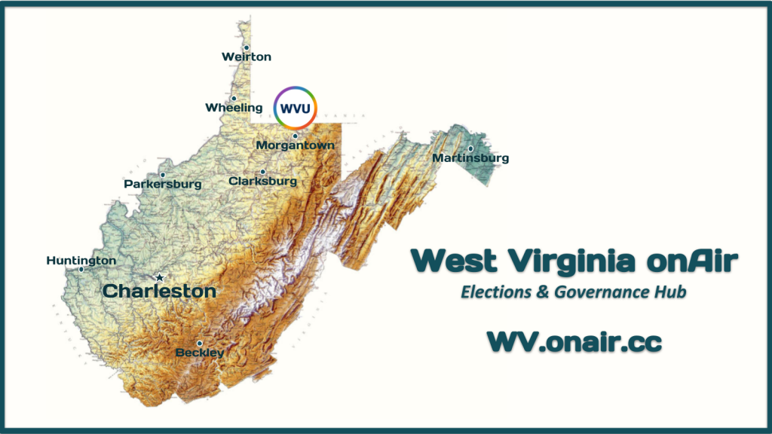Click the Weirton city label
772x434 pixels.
246,57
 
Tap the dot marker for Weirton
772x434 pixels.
246,47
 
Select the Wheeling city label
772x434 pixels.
234,108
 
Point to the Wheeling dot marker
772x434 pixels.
234,98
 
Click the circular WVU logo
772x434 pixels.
295,108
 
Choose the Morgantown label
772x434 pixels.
295,145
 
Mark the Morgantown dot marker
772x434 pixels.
295,136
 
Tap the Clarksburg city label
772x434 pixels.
262,182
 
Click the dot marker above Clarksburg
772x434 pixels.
262,172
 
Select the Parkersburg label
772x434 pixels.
163,184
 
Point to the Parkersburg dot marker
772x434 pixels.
162,175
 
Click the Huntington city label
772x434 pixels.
81,261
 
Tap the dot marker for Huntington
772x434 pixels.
81,269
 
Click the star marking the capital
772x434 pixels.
159,277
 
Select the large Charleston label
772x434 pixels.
159,291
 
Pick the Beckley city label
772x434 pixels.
200,352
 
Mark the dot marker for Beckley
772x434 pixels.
200,343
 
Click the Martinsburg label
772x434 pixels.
470,158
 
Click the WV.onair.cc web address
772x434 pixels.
574,341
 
